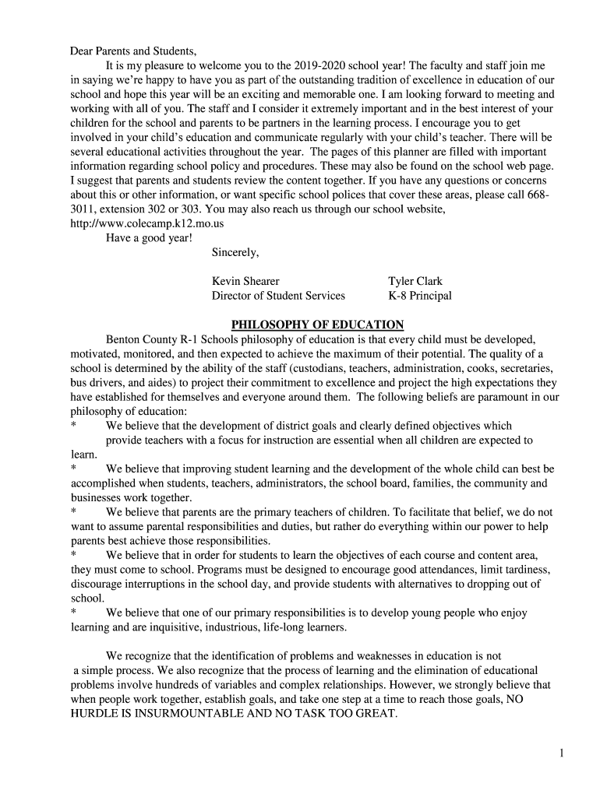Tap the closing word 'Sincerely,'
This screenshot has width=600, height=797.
click(235, 252)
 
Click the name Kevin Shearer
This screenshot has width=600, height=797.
click(245, 281)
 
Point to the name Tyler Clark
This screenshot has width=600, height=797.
click(415, 281)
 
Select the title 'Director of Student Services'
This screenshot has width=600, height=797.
click(278, 296)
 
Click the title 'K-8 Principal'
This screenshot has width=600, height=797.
click(420, 296)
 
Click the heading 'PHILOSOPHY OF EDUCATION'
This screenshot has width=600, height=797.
click(317, 325)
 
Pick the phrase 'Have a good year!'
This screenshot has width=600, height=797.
click(149, 237)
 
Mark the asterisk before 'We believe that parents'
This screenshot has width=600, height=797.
click(73, 513)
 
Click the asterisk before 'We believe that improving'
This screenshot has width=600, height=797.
click(73, 469)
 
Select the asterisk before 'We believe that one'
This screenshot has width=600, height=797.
click(73, 613)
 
